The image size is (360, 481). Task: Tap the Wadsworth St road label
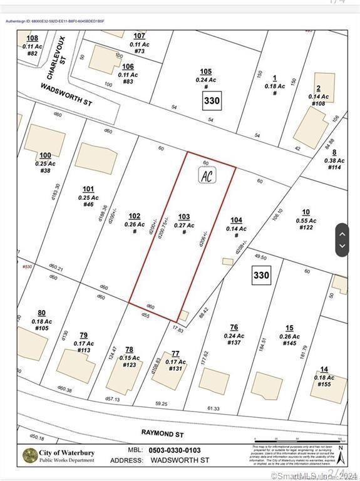[66, 94]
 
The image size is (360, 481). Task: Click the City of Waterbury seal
[29, 456]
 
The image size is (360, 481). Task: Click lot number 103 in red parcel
[183, 217]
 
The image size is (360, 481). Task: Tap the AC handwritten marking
[207, 176]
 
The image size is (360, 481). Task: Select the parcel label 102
[134, 216]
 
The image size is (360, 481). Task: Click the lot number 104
[235, 220]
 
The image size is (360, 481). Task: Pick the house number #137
[234, 343]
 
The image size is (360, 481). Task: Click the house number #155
[324, 385]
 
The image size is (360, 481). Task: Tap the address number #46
[88, 204]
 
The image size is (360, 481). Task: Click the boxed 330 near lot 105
[212, 100]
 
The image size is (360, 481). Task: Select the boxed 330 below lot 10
[261, 275]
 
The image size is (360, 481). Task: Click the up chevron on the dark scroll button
[342, 234]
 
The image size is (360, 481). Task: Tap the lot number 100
[45, 155]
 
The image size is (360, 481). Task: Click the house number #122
[306, 227]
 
